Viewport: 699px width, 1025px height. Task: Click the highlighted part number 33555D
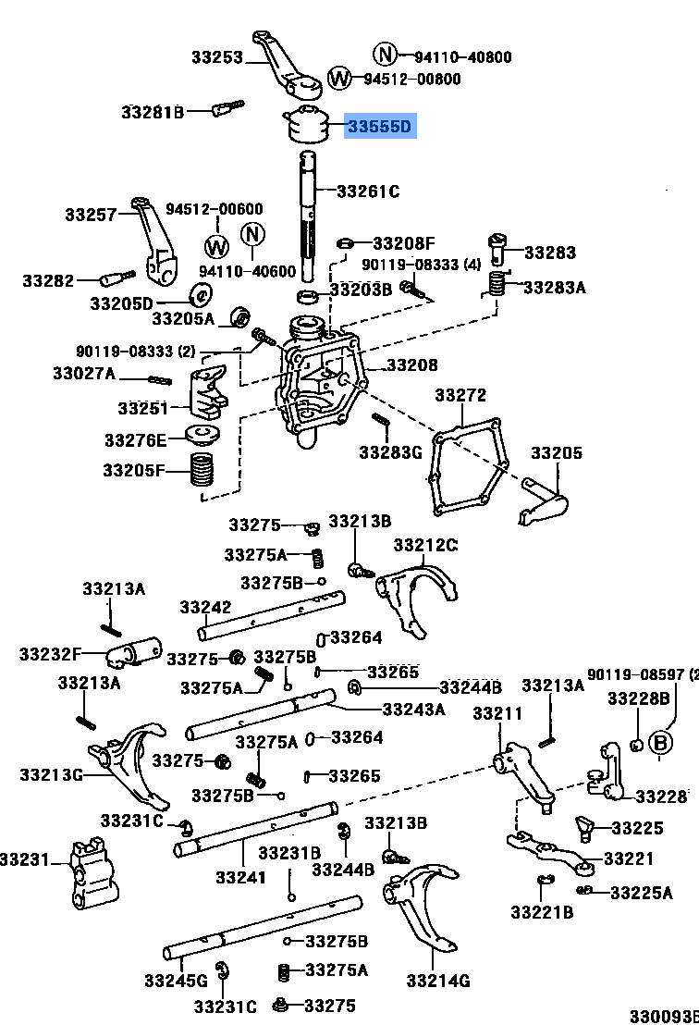pyautogui.click(x=380, y=127)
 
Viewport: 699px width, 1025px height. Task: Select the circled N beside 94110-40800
pyautogui.click(x=385, y=55)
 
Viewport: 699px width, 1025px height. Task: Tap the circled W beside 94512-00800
pyautogui.click(x=341, y=78)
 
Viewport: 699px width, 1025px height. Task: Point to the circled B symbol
pyautogui.click(x=659, y=742)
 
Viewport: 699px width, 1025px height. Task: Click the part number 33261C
pyautogui.click(x=367, y=191)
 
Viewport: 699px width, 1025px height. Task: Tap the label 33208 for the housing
pyautogui.click(x=411, y=365)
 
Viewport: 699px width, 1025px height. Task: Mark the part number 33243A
pyautogui.click(x=413, y=709)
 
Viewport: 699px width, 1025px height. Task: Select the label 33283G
pyautogui.click(x=389, y=452)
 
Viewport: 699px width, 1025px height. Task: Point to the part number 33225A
pyautogui.click(x=642, y=892)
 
